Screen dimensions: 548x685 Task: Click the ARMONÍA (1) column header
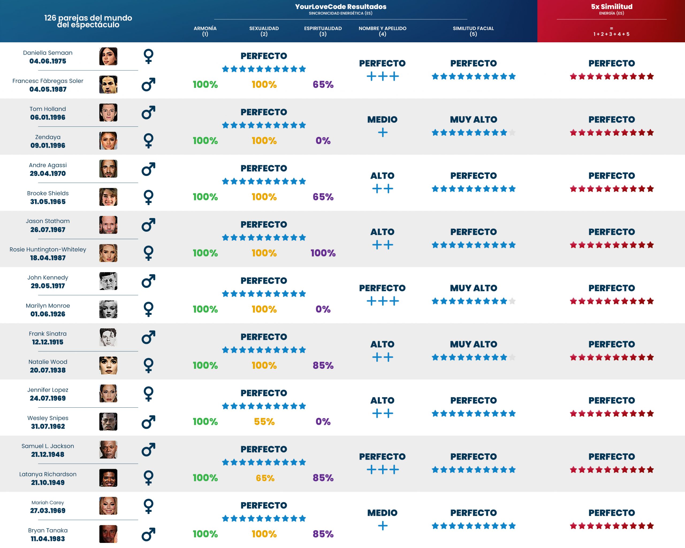[205, 31]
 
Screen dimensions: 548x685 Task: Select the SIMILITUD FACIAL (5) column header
[473, 31]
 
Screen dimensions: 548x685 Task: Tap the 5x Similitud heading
[611, 7]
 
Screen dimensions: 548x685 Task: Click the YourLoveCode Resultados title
[340, 7]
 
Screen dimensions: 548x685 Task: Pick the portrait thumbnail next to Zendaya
[108, 141]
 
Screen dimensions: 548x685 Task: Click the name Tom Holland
[48, 109]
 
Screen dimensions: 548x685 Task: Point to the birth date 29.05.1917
[48, 286]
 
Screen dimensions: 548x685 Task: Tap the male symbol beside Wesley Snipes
[149, 422]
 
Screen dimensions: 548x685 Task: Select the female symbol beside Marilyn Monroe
[149, 309]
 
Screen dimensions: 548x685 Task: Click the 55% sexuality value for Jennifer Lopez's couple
[264, 421]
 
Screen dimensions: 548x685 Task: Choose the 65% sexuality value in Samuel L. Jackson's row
[265, 478]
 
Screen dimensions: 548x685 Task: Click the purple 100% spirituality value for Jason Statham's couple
[323, 253]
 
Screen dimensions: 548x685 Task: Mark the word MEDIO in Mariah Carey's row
[382, 513]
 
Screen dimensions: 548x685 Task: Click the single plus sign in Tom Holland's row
[383, 132]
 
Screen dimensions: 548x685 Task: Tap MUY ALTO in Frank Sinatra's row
[473, 344]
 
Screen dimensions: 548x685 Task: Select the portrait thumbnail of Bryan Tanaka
[108, 534]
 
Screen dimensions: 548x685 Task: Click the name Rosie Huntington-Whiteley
[48, 249]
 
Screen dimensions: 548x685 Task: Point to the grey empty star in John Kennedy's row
[512, 301]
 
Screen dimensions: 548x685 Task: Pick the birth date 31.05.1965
[48, 202]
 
